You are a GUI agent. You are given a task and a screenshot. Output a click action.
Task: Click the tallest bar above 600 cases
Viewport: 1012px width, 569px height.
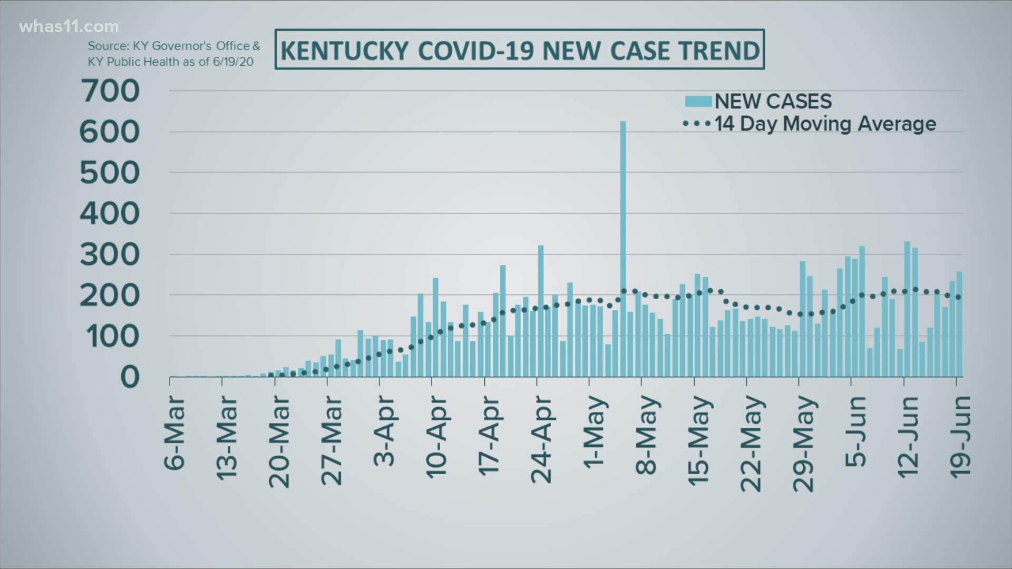pyautogui.click(x=622, y=248)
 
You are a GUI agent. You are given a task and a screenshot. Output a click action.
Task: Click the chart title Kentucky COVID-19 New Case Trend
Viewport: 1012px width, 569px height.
pyautogui.click(x=520, y=50)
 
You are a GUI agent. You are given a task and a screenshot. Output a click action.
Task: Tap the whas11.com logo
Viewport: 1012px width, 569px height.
pyautogui.click(x=69, y=26)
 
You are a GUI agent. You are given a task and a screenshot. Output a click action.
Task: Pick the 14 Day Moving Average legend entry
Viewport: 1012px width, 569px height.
pyautogui.click(x=810, y=124)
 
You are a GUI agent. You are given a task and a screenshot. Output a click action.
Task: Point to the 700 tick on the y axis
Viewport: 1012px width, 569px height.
pyautogui.click(x=110, y=91)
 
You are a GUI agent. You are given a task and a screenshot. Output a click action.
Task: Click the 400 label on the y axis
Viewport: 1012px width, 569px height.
pyautogui.click(x=110, y=214)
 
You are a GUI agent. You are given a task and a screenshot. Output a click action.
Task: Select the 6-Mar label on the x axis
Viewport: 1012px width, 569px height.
pyautogui.click(x=176, y=432)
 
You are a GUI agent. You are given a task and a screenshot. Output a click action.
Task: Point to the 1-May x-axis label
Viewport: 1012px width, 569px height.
pyautogui.click(x=595, y=432)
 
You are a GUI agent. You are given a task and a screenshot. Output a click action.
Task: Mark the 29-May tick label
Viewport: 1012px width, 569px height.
pyautogui.click(x=804, y=444)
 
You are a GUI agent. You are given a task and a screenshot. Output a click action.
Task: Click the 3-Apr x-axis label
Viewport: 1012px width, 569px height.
pyautogui.click(x=385, y=431)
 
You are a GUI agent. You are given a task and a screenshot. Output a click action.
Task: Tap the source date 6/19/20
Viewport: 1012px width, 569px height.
pyautogui.click(x=233, y=62)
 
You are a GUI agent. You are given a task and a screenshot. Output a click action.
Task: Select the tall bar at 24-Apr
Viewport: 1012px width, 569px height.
pyautogui.click(x=540, y=311)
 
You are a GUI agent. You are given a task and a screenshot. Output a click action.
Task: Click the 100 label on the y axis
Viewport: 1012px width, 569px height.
pyautogui.click(x=110, y=337)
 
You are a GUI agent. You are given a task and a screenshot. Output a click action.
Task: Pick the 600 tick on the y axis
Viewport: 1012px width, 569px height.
pyautogui.click(x=110, y=132)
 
